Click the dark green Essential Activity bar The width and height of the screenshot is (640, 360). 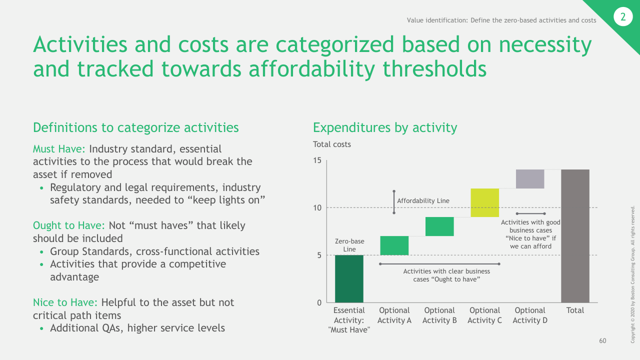click(349, 278)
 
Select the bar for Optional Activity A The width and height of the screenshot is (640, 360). click(394, 245)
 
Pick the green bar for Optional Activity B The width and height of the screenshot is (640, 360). click(439, 226)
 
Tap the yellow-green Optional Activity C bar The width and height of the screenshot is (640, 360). click(485, 202)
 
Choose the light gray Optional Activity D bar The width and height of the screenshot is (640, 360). click(530, 179)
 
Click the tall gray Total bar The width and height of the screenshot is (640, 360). click(575, 236)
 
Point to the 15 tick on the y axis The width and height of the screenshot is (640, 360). click(317, 160)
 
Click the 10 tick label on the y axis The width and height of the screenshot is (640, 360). click(317, 207)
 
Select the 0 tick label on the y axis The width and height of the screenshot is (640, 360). click(319, 302)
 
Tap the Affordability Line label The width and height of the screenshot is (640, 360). click(423, 201)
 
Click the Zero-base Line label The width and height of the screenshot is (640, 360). click(349, 245)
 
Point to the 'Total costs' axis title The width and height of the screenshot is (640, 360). click(332, 144)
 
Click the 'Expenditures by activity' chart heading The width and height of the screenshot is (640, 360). click(385, 127)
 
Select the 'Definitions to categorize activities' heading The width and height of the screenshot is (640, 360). click(135, 127)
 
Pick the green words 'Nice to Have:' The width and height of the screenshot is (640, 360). click(66, 302)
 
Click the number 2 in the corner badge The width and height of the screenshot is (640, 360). click(622, 17)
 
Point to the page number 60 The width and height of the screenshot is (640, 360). click(602, 341)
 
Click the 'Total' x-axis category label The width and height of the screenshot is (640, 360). click(575, 310)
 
